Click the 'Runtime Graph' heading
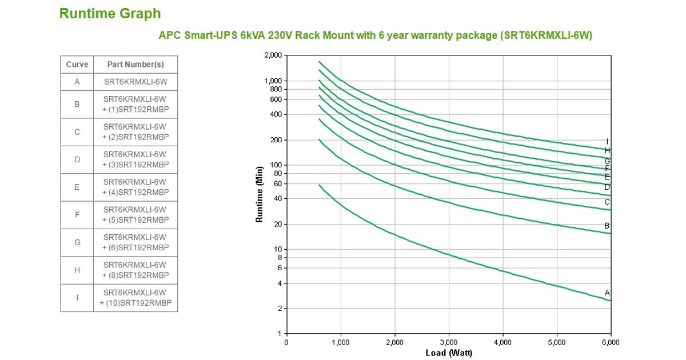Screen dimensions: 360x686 tap(110, 14)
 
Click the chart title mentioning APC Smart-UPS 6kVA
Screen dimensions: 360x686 tap(375, 35)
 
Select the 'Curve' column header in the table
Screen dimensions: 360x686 tap(77, 65)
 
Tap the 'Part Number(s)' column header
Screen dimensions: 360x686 tap(135, 65)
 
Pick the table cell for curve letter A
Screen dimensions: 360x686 tap(77, 82)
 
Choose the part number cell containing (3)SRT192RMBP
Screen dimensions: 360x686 tap(135, 159)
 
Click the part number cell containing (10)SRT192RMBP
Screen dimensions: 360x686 tap(135, 298)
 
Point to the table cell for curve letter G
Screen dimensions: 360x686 tap(77, 242)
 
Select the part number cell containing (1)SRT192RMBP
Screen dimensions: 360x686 tap(135, 104)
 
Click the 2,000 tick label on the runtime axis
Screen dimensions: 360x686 tap(273, 55)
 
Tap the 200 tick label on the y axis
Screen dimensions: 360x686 tap(277, 140)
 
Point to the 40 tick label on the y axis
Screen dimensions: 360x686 tap(278, 199)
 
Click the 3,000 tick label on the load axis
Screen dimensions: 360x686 tap(448, 342)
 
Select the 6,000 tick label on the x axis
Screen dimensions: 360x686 tap(610, 342)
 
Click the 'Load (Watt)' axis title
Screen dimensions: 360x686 tap(449, 353)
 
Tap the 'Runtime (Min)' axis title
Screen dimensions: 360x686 tap(260, 194)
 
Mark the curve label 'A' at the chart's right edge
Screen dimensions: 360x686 tap(607, 293)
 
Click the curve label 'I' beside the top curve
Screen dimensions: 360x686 tap(607, 142)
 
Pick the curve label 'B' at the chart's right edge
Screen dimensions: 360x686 tap(607, 226)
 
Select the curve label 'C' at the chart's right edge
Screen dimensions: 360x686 tap(607, 202)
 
